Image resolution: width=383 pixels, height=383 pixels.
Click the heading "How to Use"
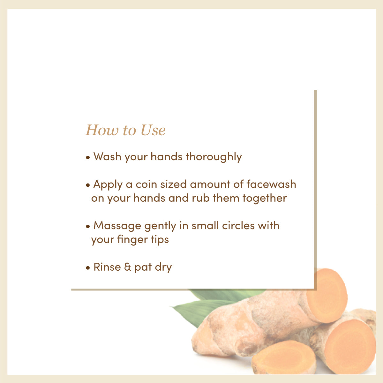125,130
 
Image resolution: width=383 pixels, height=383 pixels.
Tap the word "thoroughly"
214,157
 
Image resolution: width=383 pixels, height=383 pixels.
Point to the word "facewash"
271,184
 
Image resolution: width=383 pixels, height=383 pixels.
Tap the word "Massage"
117,226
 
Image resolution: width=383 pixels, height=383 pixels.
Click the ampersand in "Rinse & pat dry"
128,267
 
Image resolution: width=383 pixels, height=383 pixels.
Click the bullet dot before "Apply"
88,185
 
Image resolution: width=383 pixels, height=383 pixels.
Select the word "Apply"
108,185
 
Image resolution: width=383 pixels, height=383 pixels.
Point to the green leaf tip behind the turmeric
179,308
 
